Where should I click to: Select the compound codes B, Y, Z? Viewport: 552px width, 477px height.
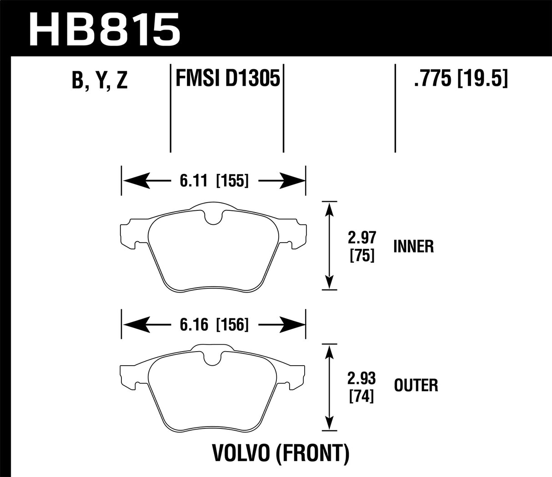tap(99, 81)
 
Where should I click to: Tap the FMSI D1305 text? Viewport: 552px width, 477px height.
tap(227, 79)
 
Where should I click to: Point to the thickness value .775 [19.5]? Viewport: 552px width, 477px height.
tap(460, 79)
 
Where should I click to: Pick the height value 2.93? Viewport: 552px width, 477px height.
tap(362, 378)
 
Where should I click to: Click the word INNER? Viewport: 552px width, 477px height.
tap(413, 247)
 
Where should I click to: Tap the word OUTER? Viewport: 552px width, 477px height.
tap(416, 386)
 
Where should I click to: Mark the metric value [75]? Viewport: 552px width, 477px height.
tap(362, 256)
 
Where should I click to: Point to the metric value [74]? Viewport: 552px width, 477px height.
tap(362, 397)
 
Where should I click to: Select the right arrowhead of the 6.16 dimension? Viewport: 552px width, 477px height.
tap(295, 324)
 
